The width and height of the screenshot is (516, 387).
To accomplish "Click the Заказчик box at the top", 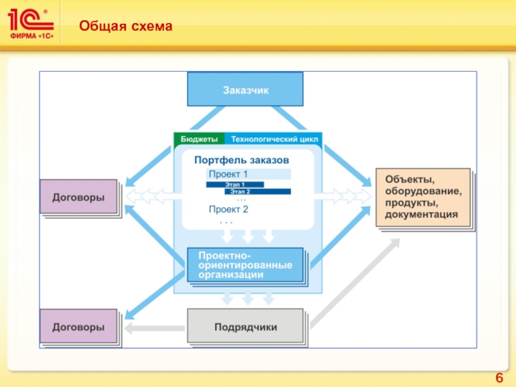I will (x=245, y=89).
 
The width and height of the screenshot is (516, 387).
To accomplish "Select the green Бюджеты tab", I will (x=199, y=139).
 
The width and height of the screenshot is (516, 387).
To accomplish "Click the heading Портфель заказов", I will (x=241, y=159).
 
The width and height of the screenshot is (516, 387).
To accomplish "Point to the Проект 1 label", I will (x=228, y=174).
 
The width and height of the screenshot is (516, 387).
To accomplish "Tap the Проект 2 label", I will (x=228, y=209).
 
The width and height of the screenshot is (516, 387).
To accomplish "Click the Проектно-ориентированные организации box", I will (x=245, y=264).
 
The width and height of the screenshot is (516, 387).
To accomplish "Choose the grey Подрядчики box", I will (x=245, y=327).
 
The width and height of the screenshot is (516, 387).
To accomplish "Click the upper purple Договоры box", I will (x=78, y=197).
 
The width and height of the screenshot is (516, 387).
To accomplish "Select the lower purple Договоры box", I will (x=78, y=326).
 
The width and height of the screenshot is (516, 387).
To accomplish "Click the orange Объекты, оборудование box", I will (x=423, y=197).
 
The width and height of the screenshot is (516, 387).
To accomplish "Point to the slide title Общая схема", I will (x=126, y=26).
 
